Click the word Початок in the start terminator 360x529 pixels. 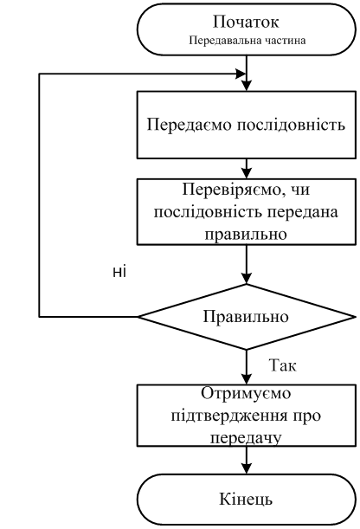click(246, 23)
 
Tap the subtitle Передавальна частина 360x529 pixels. click(247, 41)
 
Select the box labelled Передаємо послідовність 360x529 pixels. click(247, 125)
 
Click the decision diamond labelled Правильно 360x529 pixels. click(247, 317)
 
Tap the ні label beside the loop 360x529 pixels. click(119, 272)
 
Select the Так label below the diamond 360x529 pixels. click(282, 365)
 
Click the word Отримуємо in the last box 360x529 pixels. click(246, 393)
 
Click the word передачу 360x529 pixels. click(246, 437)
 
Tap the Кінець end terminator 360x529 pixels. click(247, 499)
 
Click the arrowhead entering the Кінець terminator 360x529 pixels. click(247, 468)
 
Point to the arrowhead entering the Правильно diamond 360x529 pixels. click(247, 278)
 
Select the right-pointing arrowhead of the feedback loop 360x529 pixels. click(241, 74)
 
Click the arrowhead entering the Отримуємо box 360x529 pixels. click(247, 378)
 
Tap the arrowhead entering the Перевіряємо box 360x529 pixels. click(247, 173)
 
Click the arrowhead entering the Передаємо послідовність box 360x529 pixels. click(247, 86)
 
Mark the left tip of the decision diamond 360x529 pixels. click(138, 317)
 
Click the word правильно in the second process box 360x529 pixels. click(246, 234)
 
